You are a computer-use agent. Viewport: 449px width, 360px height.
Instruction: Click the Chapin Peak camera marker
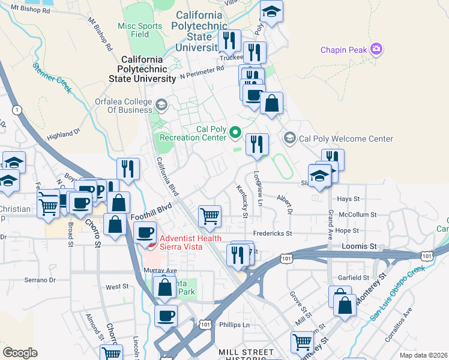(377, 49)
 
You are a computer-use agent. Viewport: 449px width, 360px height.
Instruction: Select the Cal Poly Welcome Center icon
(290, 139)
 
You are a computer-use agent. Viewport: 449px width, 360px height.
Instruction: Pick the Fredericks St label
(271, 233)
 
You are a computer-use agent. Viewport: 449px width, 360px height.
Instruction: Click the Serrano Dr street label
(40, 280)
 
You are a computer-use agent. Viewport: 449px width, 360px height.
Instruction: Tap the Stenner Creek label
(53, 78)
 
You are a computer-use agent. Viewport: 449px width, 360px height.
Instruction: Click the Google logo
(20, 353)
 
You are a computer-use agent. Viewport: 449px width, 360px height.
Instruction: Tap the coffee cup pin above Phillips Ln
(166, 315)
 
